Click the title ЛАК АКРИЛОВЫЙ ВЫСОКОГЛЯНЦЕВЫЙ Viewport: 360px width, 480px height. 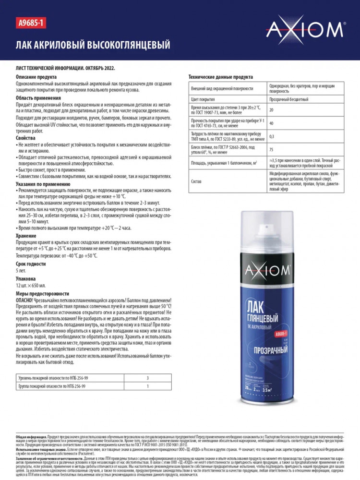click(x=93, y=45)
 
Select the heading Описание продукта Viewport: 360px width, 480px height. click(x=36, y=77)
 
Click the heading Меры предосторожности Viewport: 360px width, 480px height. click(x=42, y=293)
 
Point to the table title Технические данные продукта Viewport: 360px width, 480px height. click(x=220, y=77)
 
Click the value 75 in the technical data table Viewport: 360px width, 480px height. click(x=271, y=149)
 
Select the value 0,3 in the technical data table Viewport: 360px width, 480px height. click(x=272, y=136)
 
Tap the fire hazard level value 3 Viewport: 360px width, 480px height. click(x=147, y=378)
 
